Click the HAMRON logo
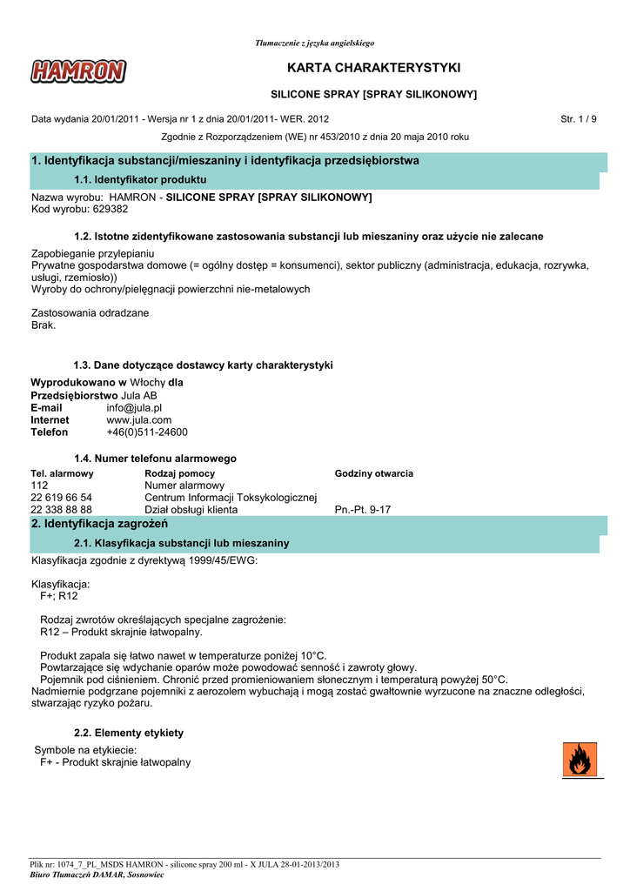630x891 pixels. click(78, 71)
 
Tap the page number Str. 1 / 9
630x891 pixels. click(579, 118)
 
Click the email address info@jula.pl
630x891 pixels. click(134, 407)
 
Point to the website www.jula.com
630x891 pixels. click(139, 419)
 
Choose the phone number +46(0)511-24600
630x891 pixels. click(147, 432)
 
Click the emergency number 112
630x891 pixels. click(39, 486)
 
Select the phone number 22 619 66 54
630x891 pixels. click(61, 498)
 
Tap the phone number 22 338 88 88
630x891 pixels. click(61, 510)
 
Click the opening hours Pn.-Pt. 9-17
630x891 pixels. click(363, 510)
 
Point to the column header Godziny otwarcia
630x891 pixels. click(374, 473)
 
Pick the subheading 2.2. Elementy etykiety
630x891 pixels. click(129, 733)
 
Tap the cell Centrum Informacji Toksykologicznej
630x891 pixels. click(231, 498)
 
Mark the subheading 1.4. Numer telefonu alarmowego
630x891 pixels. click(155, 458)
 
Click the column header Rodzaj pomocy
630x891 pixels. click(179, 473)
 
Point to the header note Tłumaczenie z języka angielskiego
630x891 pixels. click(315, 43)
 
